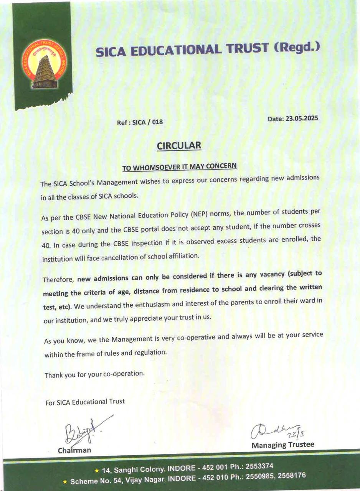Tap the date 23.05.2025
tap(301, 119)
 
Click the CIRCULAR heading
tap(179, 146)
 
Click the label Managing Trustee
tap(283, 445)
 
